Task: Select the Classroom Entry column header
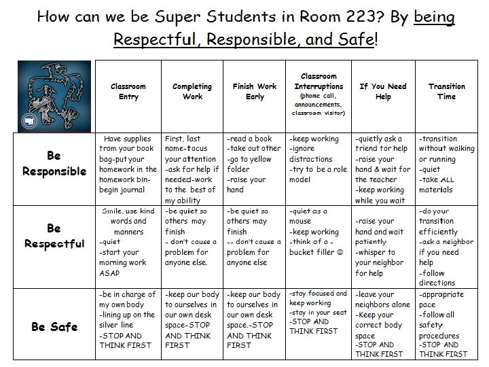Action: pyautogui.click(x=128, y=92)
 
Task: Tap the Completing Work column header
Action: pyautogui.click(x=192, y=92)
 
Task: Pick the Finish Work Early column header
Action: pyautogui.click(x=255, y=92)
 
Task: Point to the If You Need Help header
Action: pyautogui.click(x=382, y=92)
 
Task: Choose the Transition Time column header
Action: pyautogui.click(x=446, y=92)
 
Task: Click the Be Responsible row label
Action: pyautogui.click(x=54, y=164)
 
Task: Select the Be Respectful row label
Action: pyautogui.click(x=54, y=236)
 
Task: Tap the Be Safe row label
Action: pyautogui.click(x=54, y=327)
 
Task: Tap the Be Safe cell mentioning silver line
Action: pyautogui.click(x=128, y=320)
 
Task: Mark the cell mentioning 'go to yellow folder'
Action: pyautogui.click(x=255, y=164)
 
